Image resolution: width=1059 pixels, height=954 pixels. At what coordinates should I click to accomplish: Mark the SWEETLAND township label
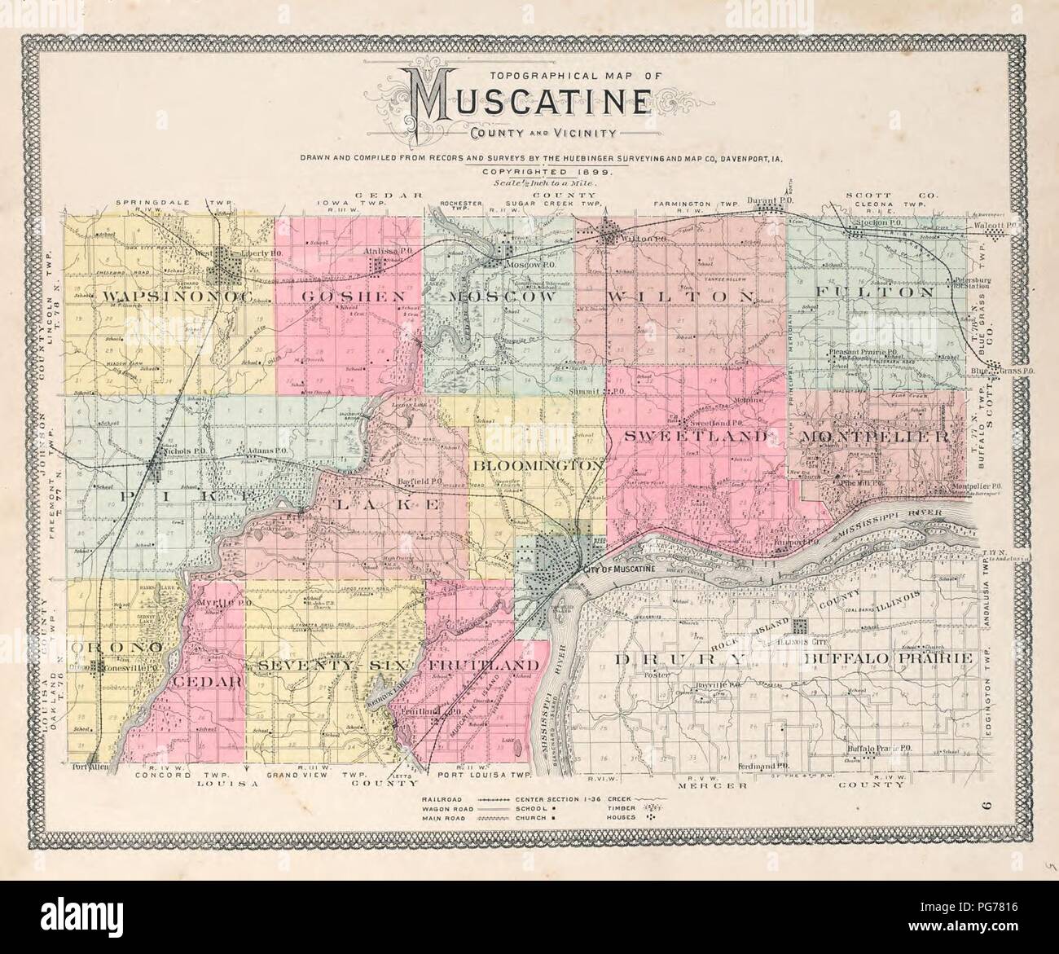[x=696, y=437]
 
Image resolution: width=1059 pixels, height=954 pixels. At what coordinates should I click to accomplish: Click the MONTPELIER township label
[x=874, y=437]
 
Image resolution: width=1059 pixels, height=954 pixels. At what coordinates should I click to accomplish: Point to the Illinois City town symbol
[x=799, y=626]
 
